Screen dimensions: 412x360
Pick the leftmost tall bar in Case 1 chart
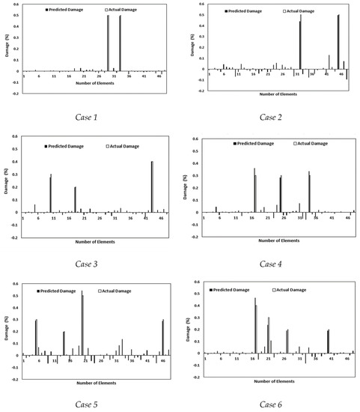(x=109, y=43)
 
